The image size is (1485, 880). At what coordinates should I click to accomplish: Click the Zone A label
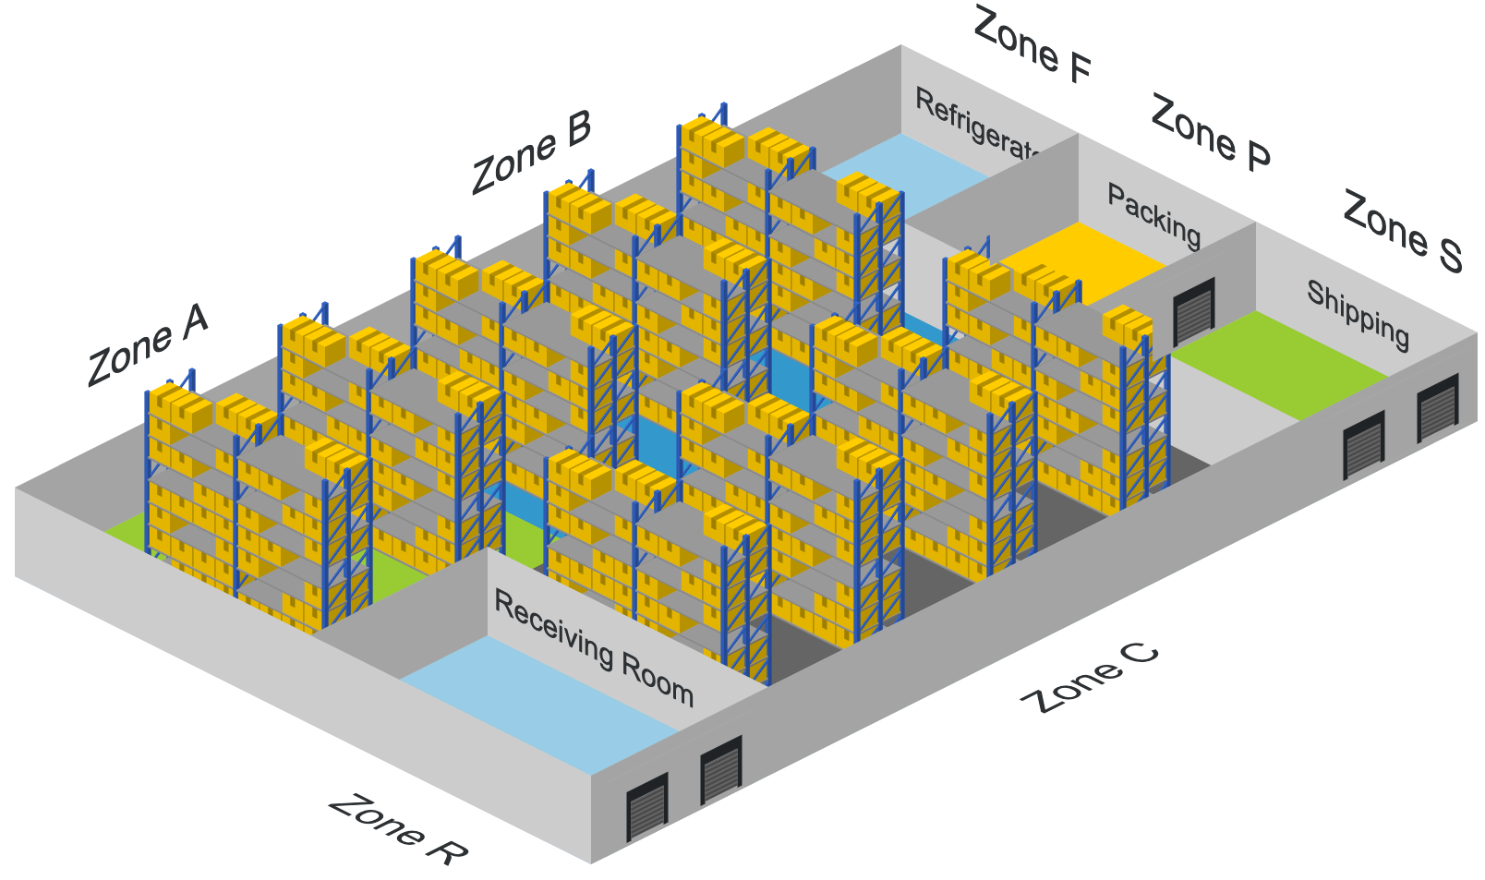(x=148, y=344)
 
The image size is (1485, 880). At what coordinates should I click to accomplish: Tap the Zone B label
(x=531, y=153)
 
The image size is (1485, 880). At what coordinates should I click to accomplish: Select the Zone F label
(x=1032, y=44)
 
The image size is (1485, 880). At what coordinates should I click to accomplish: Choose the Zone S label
(x=1402, y=231)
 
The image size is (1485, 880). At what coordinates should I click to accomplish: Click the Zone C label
(x=1090, y=679)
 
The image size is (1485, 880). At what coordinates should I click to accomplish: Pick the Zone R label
(x=397, y=829)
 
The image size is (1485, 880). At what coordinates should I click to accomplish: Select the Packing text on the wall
(x=1154, y=216)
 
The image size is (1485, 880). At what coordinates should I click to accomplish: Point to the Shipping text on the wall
(x=1358, y=315)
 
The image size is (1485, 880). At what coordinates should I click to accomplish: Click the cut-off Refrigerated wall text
(x=977, y=124)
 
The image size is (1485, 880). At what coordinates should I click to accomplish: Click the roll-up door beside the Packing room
(x=1193, y=310)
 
